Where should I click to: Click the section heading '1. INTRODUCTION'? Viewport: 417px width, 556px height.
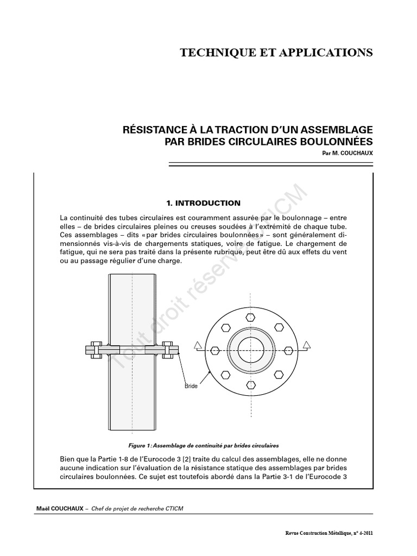tap(204, 203)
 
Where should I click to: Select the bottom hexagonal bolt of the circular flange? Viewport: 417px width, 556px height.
tap(250, 384)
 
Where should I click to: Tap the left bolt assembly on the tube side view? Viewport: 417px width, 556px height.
tap(93, 350)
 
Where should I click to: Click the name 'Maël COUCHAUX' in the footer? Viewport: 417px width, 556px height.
tap(56, 508)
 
